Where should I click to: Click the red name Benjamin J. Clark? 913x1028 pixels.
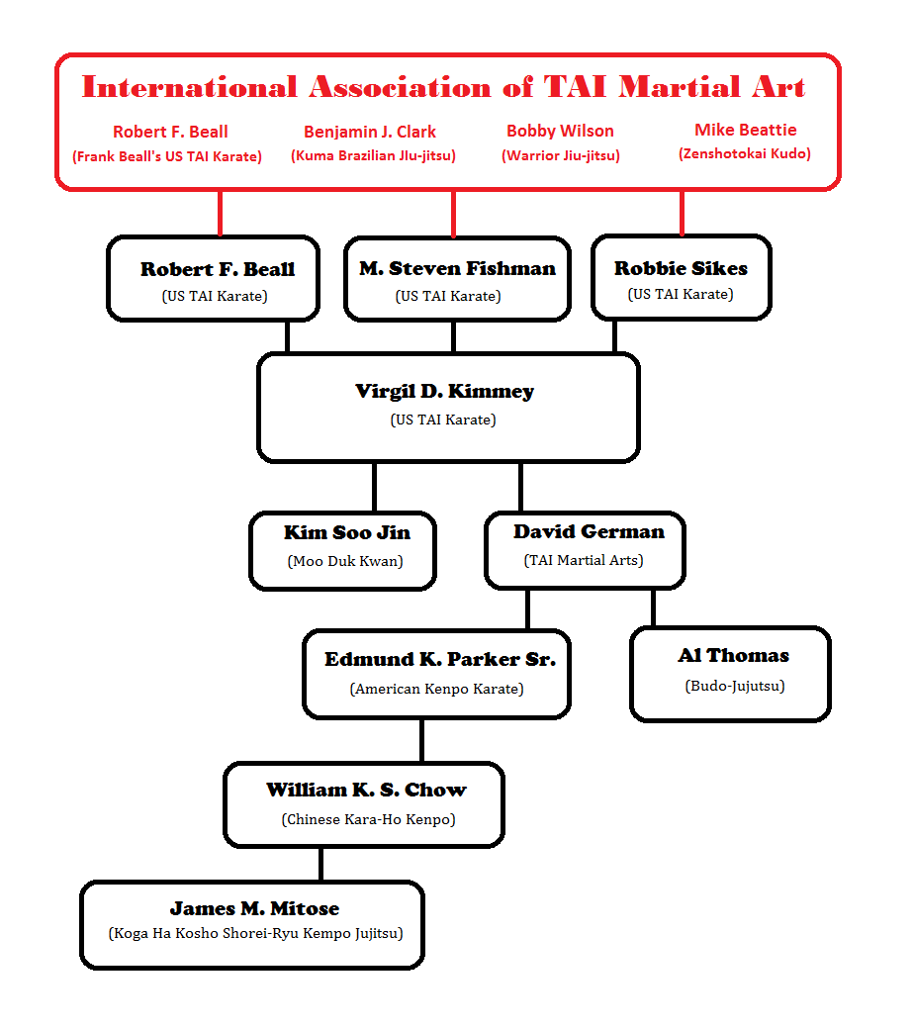point(369,132)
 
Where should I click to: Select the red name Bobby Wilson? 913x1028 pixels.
point(560,131)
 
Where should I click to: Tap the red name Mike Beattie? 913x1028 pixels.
point(745,130)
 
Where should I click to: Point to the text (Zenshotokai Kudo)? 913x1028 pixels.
point(745,154)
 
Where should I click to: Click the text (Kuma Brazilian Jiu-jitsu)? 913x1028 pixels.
point(373,155)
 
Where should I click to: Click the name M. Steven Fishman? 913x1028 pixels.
point(457,269)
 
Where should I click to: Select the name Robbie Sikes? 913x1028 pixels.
point(681,268)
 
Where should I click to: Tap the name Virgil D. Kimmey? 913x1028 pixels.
point(444,392)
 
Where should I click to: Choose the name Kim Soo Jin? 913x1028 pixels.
point(346,533)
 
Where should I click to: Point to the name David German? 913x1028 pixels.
point(589,532)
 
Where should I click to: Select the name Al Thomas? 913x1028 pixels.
point(733,656)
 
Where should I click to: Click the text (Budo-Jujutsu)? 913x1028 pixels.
point(734,686)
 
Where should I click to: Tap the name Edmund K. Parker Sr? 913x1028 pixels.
point(439,660)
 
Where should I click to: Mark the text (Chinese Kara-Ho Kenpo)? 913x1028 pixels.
point(368,819)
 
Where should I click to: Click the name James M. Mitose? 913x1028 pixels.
point(254,908)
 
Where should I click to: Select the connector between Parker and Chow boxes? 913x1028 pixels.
point(422,740)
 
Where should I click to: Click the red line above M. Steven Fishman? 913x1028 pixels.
point(454,213)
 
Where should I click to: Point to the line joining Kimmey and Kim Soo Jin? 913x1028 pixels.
point(374,486)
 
